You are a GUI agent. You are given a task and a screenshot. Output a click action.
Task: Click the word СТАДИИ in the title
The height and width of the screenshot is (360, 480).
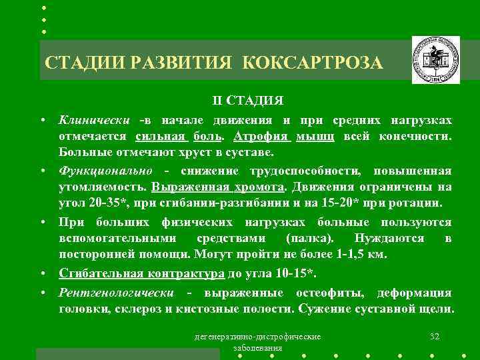tap(85, 63)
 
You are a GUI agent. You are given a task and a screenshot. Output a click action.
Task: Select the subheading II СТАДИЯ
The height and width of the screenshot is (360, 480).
tap(248, 101)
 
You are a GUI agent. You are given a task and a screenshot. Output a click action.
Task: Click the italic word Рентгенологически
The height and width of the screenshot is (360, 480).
tap(116, 293)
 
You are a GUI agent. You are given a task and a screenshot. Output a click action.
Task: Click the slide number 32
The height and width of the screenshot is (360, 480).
tap(435, 335)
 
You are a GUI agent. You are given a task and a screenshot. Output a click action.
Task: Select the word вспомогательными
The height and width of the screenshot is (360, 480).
tap(118, 238)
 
